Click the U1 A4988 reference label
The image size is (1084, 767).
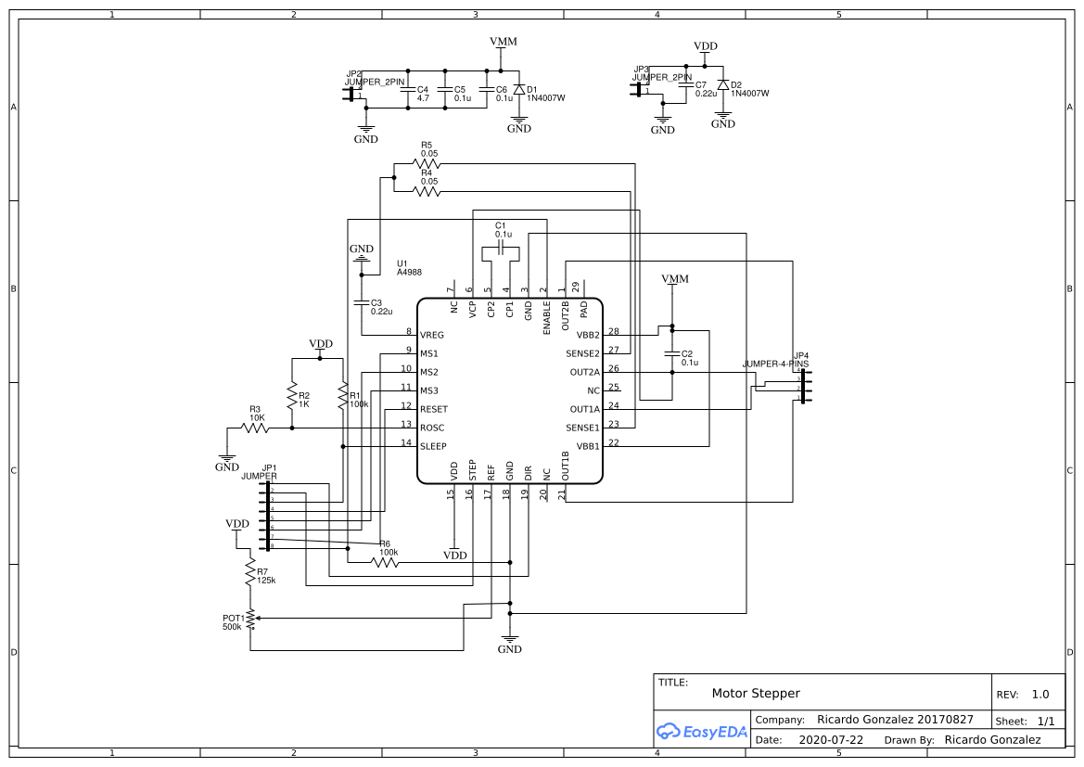[409, 268]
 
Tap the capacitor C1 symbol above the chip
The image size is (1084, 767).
[501, 249]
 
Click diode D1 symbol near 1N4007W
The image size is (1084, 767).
[519, 89]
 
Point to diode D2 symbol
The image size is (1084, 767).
[723, 84]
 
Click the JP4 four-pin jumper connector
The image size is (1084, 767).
[802, 387]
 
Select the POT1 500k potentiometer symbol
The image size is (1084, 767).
[249, 619]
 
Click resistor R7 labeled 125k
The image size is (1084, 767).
[249, 571]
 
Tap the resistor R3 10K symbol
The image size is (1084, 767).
[255, 428]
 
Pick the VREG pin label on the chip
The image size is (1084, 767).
[432, 335]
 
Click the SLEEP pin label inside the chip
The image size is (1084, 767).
[434, 446]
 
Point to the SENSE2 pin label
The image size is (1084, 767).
[582, 353]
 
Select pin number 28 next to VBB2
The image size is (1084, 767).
[613, 331]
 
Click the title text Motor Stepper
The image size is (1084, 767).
[755, 694]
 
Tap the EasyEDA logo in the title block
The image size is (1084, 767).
[701, 731]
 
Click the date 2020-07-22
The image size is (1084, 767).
[830, 740]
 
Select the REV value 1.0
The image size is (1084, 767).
[1040, 695]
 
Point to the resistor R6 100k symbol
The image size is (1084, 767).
[384, 562]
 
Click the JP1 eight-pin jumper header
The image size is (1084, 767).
[269, 516]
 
